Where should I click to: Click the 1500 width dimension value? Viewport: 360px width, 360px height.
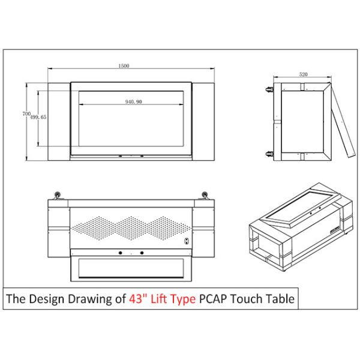124,65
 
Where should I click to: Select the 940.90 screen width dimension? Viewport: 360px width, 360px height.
133,102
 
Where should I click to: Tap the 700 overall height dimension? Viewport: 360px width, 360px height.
26,113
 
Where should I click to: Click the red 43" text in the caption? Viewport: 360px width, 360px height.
137,298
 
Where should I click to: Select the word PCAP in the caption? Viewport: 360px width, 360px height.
213,298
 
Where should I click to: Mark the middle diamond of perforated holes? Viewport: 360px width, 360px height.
131,227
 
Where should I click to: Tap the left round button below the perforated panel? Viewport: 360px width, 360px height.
120,253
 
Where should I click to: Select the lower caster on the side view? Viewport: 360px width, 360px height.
268,153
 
